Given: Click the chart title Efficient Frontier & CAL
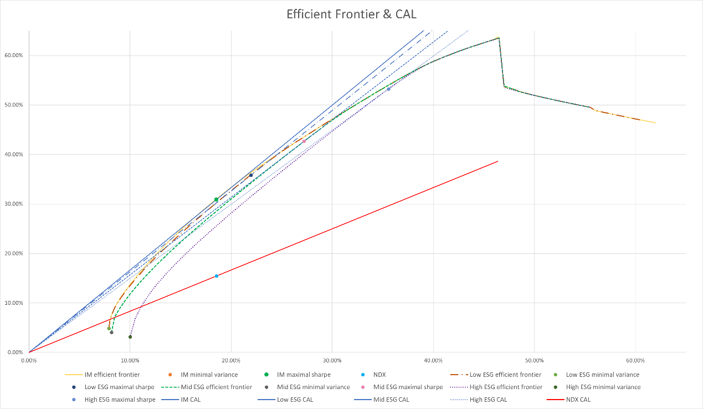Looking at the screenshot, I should (x=351, y=14).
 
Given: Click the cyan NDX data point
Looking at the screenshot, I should (x=217, y=276).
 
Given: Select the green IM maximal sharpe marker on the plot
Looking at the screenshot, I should (x=216, y=200).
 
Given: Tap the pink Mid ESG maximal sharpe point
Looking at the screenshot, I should (x=304, y=141).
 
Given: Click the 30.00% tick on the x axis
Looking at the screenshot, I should (x=332, y=360).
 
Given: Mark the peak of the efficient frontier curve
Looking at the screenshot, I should (x=499, y=38).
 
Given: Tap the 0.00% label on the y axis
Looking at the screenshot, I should (x=16, y=352).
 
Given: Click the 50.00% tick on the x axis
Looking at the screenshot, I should (x=534, y=360).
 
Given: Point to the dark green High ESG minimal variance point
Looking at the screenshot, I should (x=130, y=337).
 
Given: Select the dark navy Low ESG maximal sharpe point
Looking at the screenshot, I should (x=251, y=175).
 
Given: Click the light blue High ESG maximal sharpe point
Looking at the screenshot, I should (x=388, y=89).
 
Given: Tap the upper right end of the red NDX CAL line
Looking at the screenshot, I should (x=498, y=161).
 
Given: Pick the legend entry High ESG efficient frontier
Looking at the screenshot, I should (x=505, y=387).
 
